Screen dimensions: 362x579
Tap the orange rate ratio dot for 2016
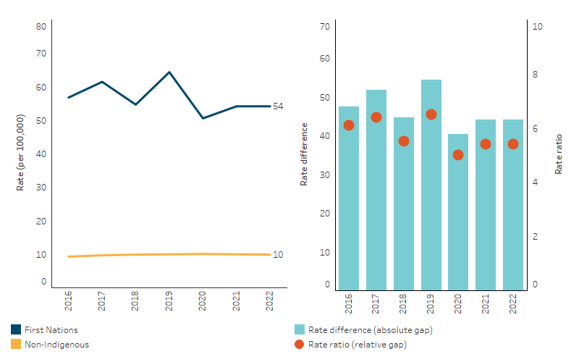tap(349, 125)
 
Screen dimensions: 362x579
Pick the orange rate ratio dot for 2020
tap(458, 155)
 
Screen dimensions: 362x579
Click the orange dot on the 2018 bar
tap(404, 141)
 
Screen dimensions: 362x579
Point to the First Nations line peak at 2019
tap(169, 72)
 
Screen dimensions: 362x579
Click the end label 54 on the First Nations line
tap(277, 106)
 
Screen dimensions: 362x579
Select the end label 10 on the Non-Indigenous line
tap(277, 255)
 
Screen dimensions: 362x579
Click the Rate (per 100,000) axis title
tap(20, 152)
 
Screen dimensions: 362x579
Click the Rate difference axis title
tap(304, 154)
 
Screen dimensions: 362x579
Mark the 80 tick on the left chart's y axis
tap(41, 27)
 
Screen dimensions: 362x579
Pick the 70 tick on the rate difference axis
tap(325, 27)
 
